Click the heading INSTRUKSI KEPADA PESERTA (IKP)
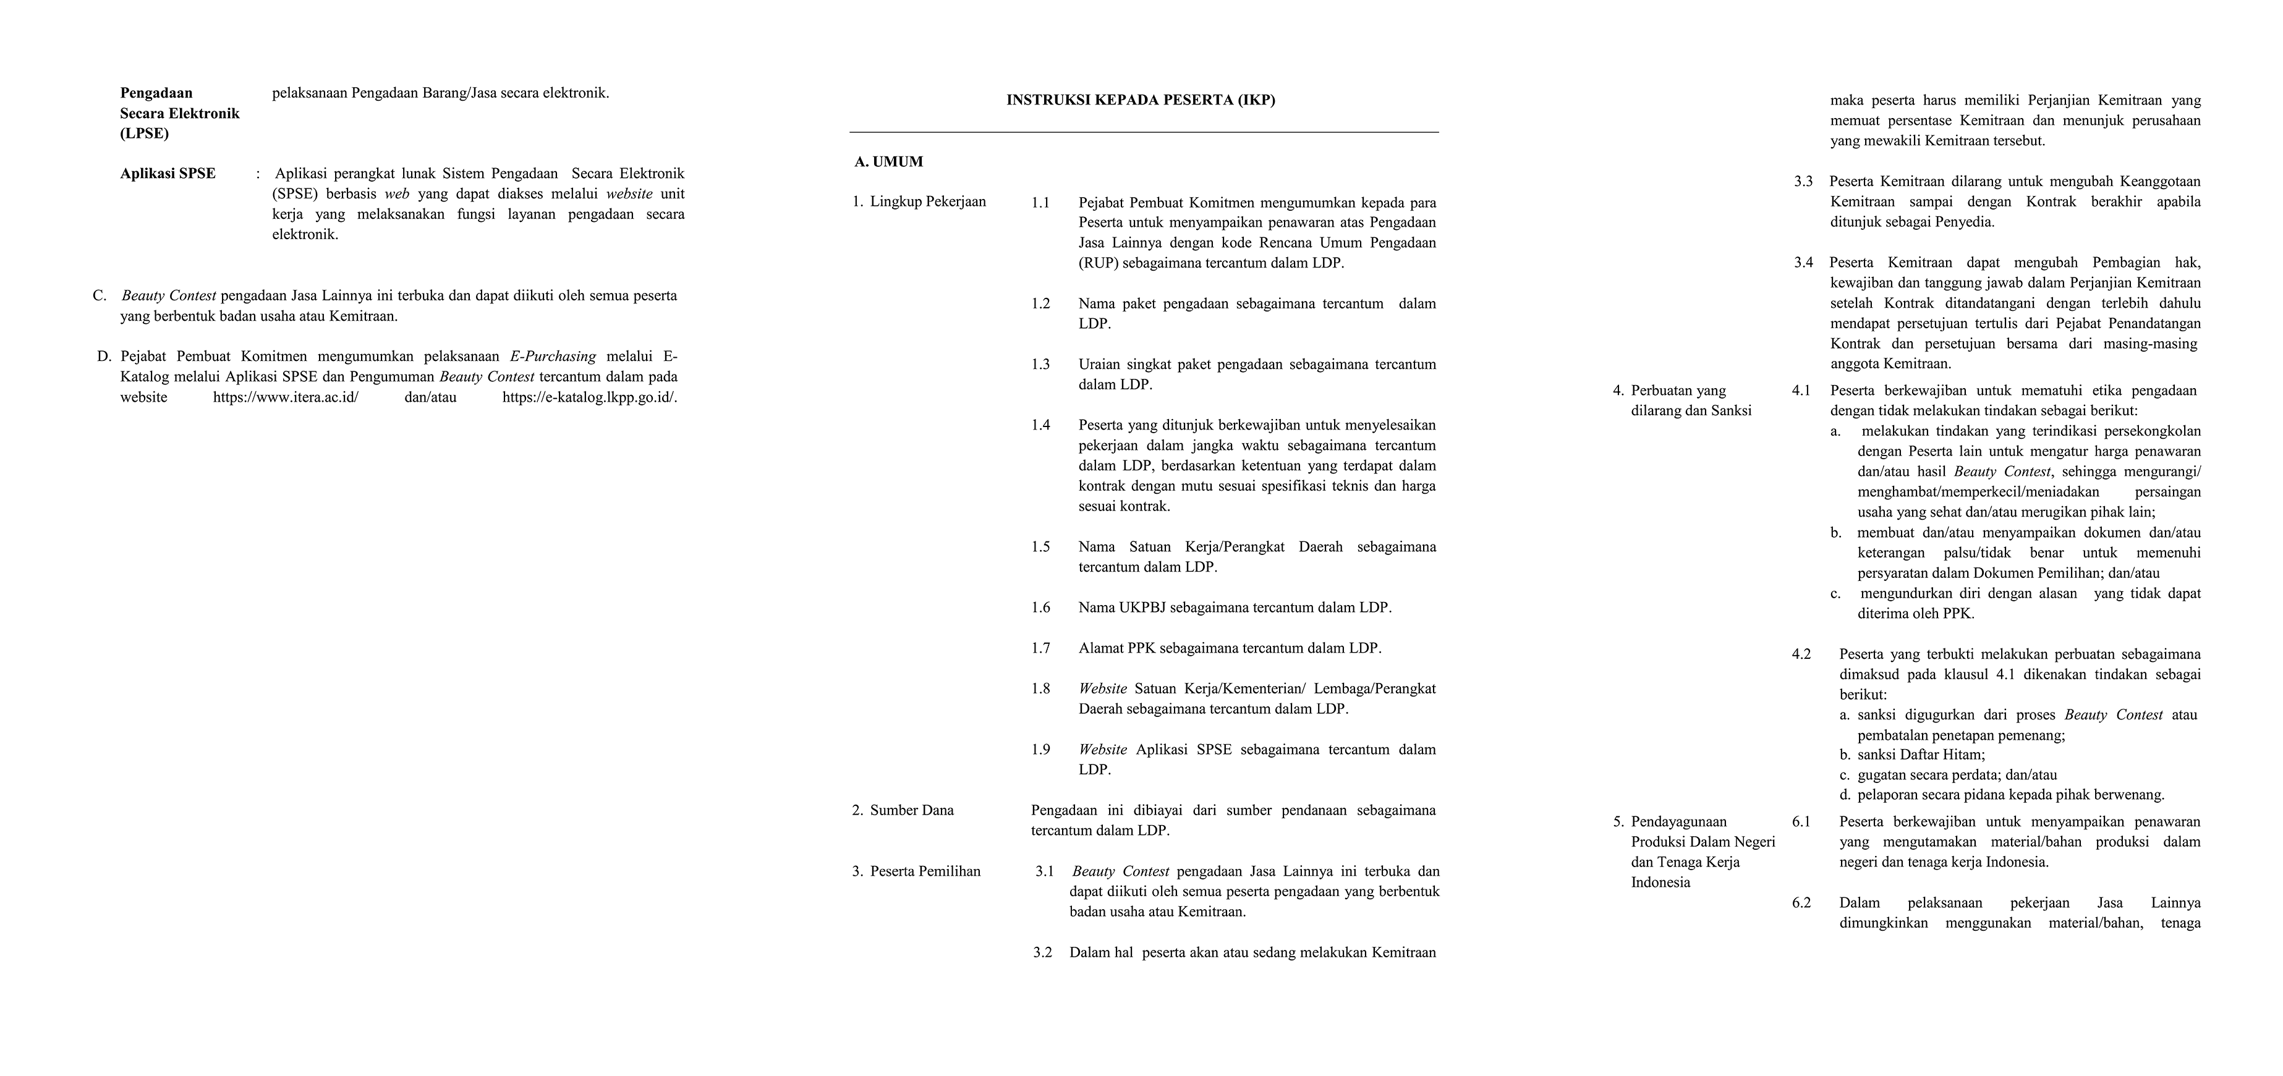pos(1141,100)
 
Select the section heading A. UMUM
pos(889,161)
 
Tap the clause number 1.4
pos(1040,425)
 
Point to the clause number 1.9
pos(1040,750)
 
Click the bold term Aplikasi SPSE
pos(168,174)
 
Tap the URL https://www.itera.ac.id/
pos(286,397)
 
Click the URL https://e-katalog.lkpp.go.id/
pos(589,397)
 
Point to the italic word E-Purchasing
pos(553,357)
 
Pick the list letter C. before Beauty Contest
pos(100,295)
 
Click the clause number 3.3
pos(1803,182)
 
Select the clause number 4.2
pos(1801,654)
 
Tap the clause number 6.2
pos(1801,903)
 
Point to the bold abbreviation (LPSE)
pos(145,134)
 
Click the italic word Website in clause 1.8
pos(1102,688)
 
